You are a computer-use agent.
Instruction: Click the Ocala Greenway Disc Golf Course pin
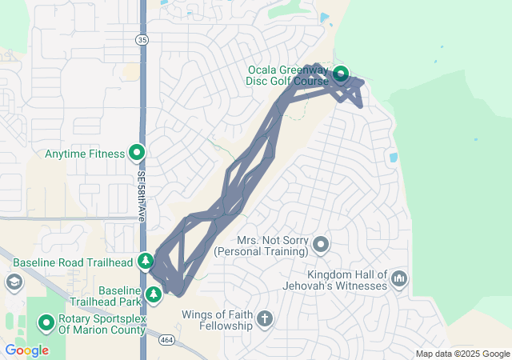(341, 74)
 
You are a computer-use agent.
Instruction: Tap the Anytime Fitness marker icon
(137, 152)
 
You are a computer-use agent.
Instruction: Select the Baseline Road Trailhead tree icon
(145, 260)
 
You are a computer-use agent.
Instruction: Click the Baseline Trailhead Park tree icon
(154, 295)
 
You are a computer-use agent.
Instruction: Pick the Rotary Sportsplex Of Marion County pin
(46, 323)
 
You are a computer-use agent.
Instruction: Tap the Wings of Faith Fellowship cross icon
(265, 320)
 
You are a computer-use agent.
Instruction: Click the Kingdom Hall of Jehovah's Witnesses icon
(399, 278)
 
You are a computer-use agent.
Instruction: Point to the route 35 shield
(142, 38)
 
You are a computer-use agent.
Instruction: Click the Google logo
(26, 350)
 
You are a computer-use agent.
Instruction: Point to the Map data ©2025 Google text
(462, 354)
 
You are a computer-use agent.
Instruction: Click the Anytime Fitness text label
(85, 154)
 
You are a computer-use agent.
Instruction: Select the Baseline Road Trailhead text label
(73, 262)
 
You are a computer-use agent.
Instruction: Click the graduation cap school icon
(14, 282)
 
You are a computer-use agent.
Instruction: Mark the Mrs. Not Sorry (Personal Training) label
(273, 246)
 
